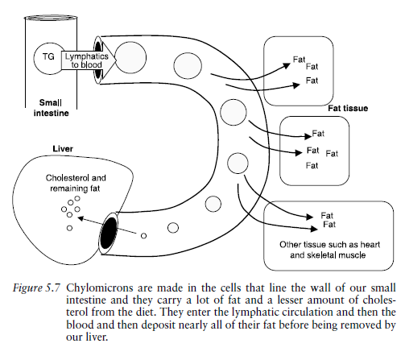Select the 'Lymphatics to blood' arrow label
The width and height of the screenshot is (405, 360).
pos(83,59)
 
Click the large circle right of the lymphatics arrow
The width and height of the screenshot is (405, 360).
pos(130,58)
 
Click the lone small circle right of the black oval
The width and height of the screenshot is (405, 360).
pos(143,236)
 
